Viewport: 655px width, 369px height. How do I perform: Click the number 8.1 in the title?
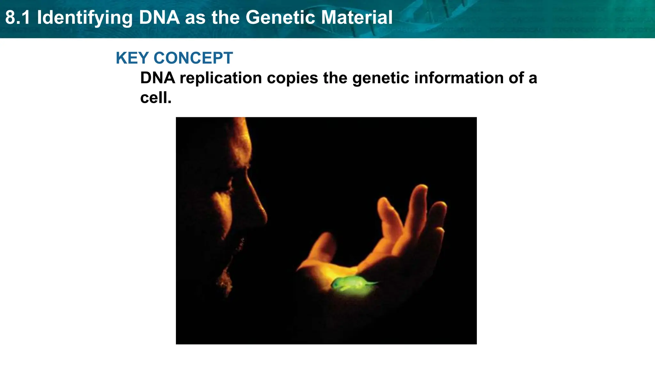click(x=18, y=18)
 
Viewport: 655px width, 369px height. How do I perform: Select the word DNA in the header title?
click(x=159, y=18)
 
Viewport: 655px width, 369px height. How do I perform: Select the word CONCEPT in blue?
click(x=193, y=58)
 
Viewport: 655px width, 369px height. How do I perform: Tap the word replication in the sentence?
click(x=221, y=78)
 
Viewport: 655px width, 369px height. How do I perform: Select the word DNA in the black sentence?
click(x=158, y=78)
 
